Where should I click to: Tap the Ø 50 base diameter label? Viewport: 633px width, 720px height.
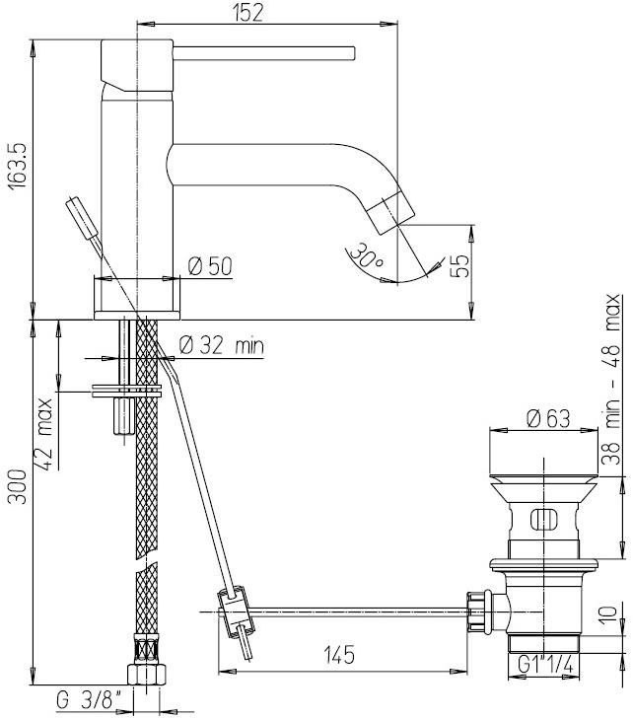pyautogui.click(x=208, y=265)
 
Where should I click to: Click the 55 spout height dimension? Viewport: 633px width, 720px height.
pyautogui.click(x=459, y=267)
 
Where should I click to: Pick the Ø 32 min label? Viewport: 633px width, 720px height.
pyautogui.click(x=222, y=345)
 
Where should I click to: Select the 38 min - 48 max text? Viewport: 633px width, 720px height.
pyautogui.click(x=613, y=379)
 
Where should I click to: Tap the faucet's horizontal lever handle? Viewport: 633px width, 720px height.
pyautogui.click(x=286, y=51)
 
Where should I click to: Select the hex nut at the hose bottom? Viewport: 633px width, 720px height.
pyautogui.click(x=147, y=675)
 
